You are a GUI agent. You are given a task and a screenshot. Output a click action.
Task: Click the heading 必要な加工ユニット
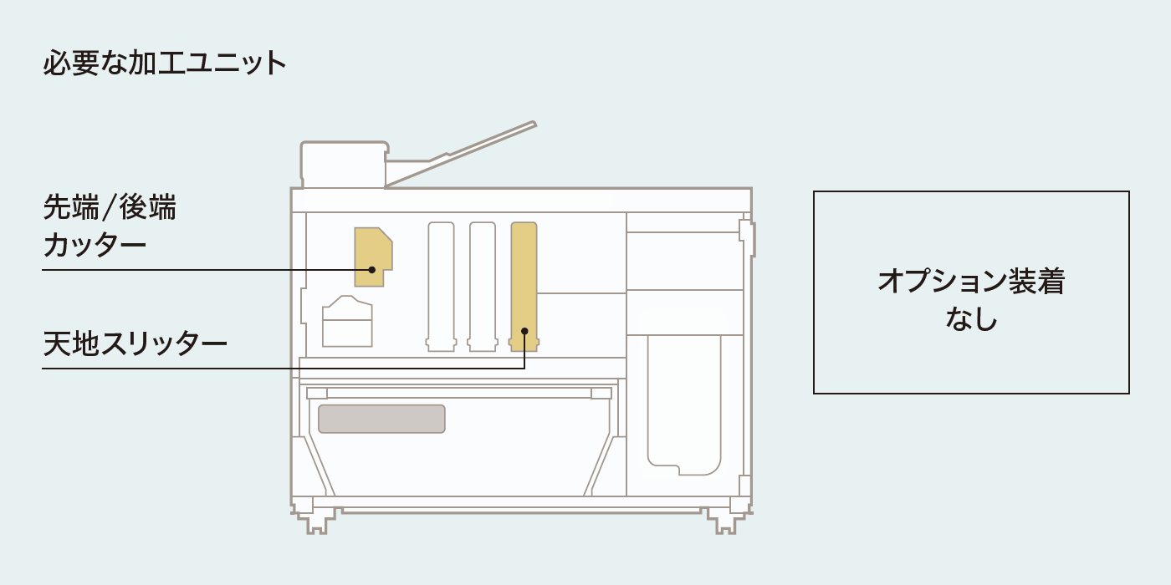(164, 64)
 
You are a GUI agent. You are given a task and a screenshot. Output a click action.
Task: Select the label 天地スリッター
(135, 343)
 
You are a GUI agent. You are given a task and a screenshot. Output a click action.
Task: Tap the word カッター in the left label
(95, 244)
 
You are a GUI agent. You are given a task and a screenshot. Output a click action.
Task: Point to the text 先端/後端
(110, 207)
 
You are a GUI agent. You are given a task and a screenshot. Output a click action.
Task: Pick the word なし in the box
(971, 318)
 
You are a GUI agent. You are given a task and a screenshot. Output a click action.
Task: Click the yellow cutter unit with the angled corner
(373, 257)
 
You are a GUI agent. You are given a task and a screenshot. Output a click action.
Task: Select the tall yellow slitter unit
(524, 286)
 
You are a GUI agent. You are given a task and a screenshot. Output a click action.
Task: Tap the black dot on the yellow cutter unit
(371, 270)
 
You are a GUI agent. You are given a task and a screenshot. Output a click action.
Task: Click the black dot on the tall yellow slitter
(524, 331)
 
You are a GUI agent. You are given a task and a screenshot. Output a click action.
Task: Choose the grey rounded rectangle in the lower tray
(381, 419)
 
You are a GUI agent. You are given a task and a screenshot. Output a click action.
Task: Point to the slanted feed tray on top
(460, 155)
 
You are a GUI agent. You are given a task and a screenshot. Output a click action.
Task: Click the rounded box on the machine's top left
(344, 165)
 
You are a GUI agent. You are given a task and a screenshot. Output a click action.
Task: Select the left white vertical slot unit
(441, 286)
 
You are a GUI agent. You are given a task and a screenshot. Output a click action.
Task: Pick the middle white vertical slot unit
(482, 286)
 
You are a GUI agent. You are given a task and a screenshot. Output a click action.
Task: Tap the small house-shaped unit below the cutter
(347, 321)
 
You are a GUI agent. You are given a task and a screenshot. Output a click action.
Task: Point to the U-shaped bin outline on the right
(684, 404)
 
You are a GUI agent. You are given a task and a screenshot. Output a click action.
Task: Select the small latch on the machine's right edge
(748, 237)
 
